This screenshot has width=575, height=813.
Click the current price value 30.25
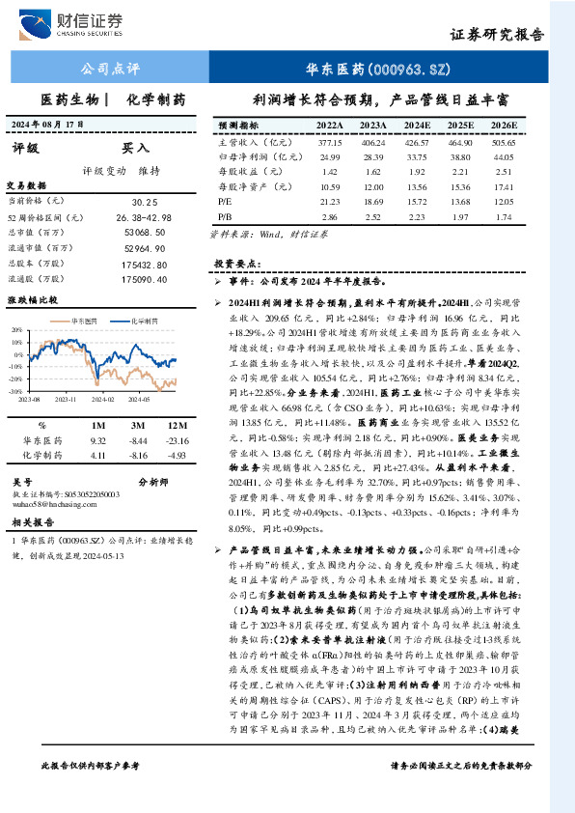pos(145,202)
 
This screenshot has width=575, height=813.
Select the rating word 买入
pos(135,149)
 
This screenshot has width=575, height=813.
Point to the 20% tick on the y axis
pos(14,330)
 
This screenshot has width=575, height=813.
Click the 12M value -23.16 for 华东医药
pos(175,440)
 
